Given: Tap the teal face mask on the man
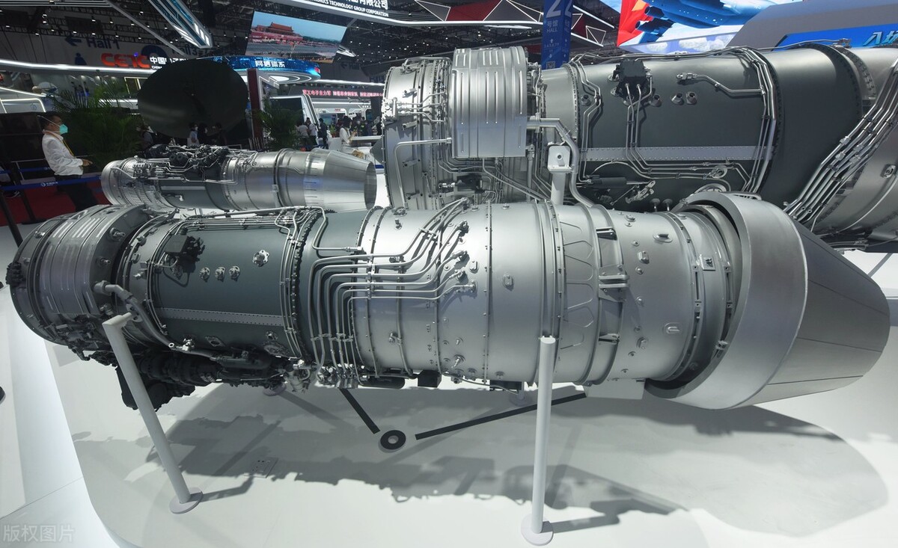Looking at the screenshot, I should pos(64,129).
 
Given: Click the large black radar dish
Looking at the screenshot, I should pos(192,98).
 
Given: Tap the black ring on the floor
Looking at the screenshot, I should pos(392,440).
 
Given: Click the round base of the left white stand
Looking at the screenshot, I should pos(185,500).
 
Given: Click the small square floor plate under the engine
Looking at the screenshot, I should pos(262,467).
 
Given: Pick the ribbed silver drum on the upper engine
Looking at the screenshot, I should pos(490,101).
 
